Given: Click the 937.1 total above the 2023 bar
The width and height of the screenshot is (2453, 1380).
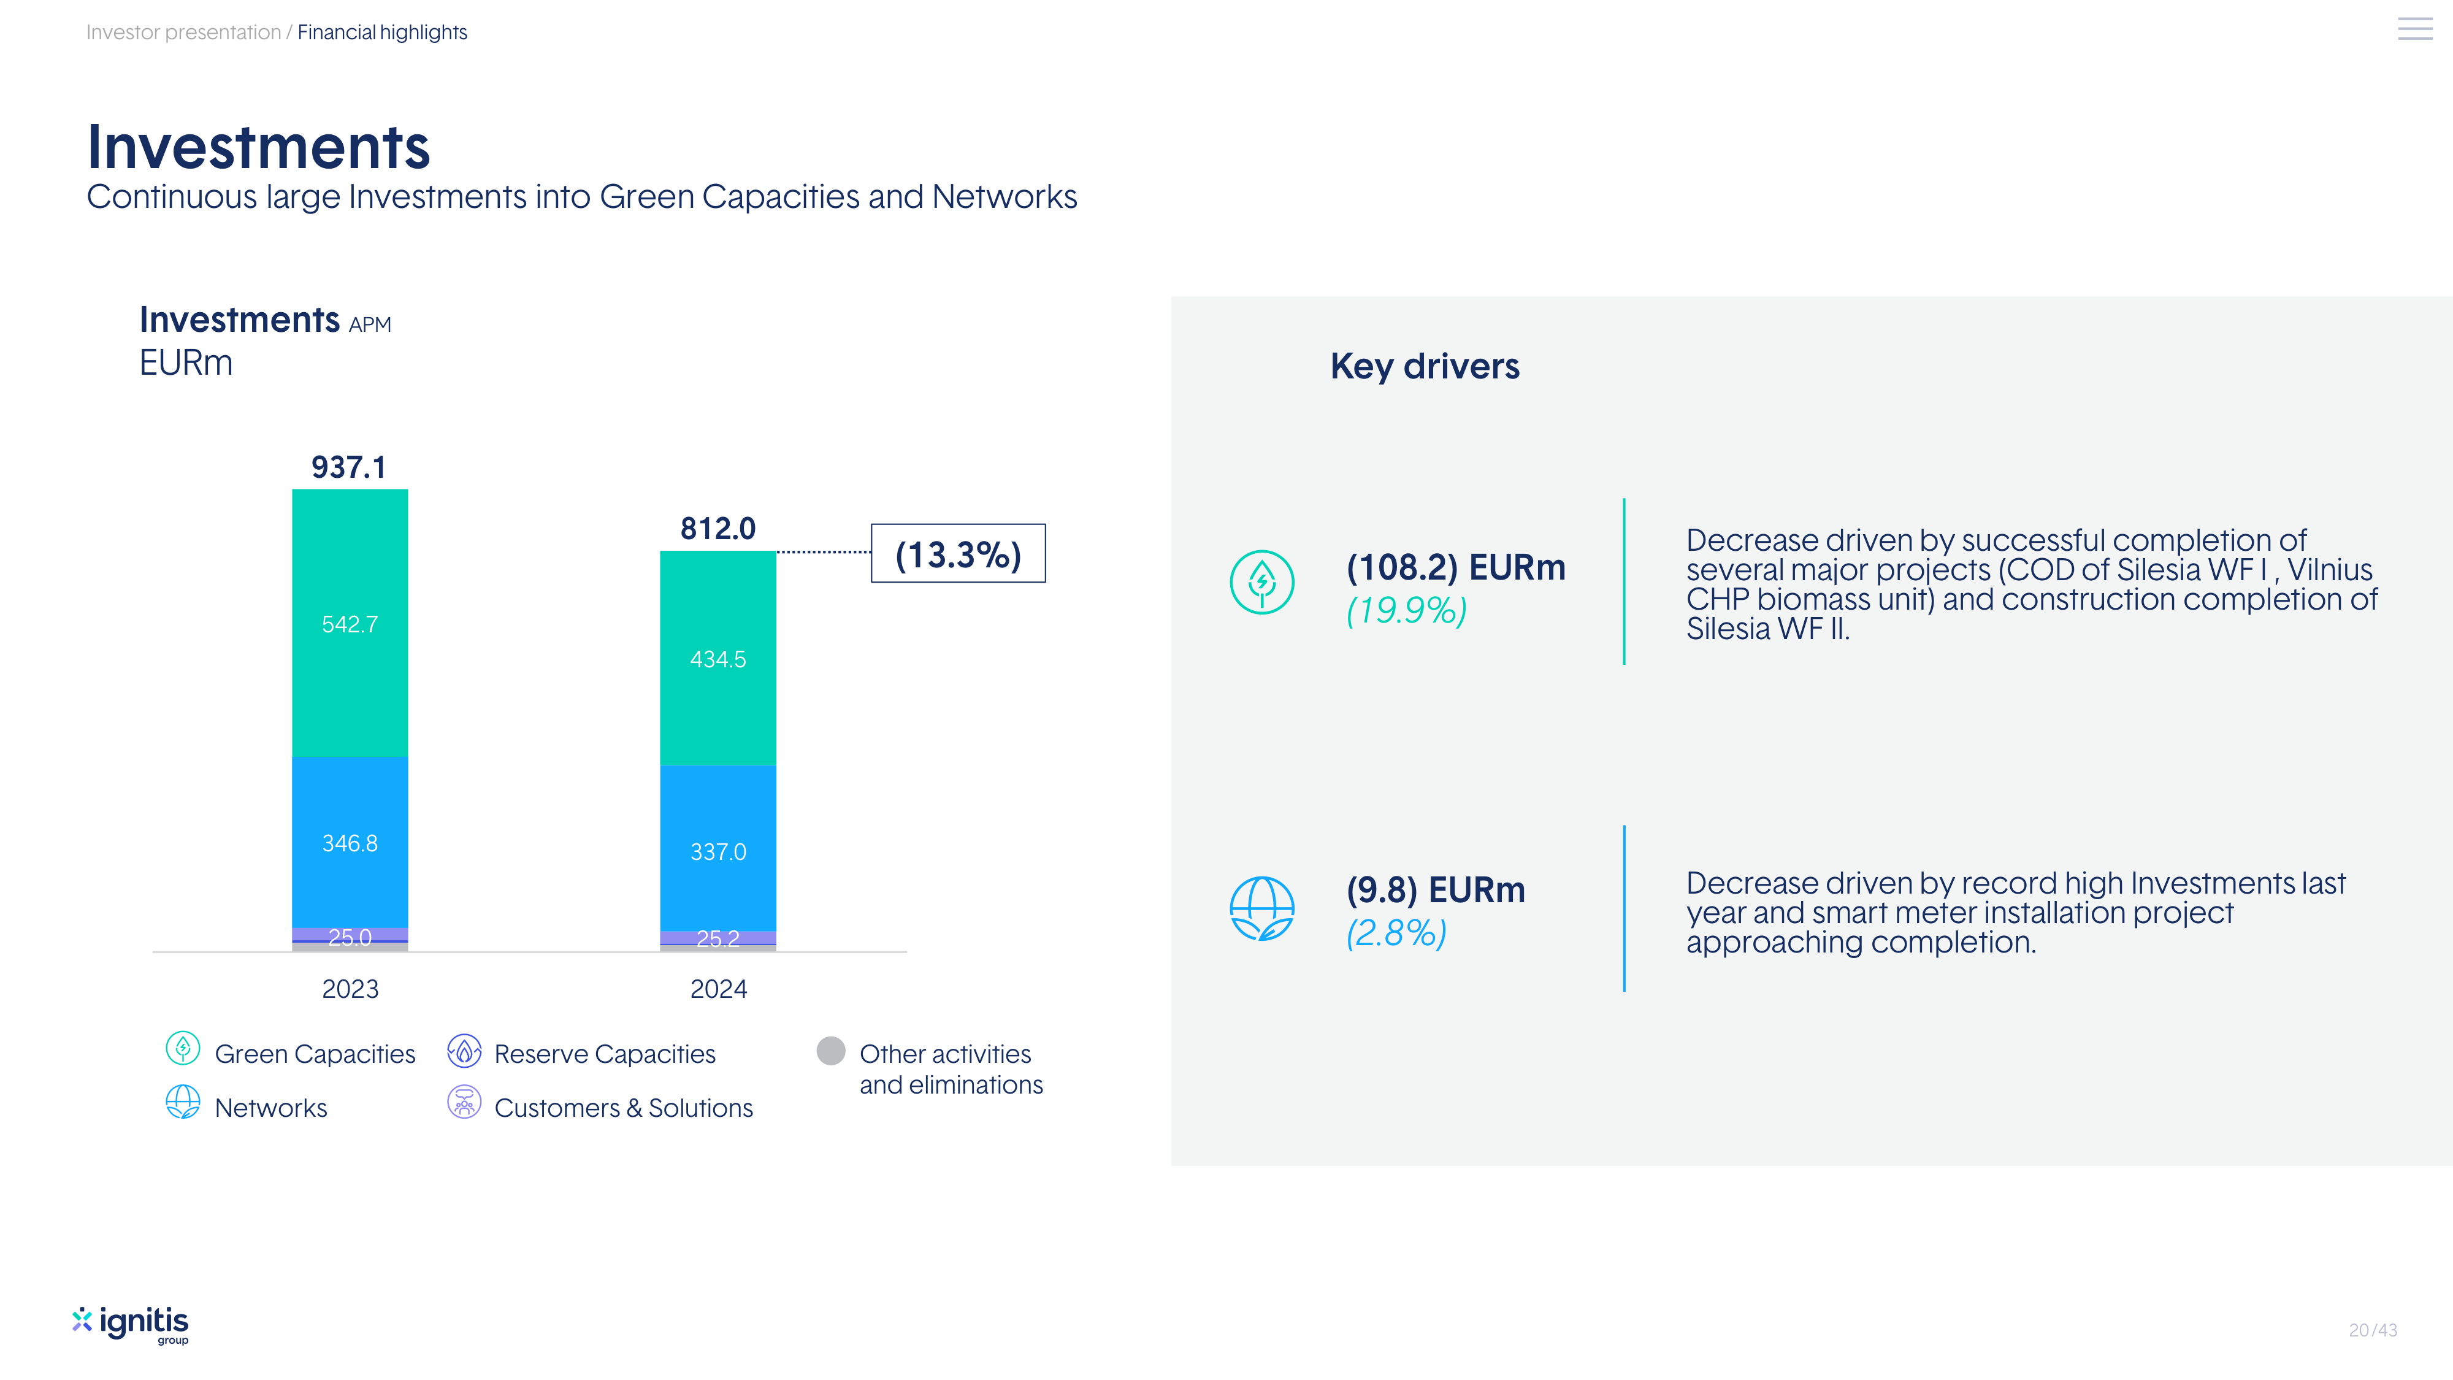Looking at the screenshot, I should (x=348, y=467).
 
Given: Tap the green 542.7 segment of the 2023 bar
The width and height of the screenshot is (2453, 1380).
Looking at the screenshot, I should (x=350, y=624).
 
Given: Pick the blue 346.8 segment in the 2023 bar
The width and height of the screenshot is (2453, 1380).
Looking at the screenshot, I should (x=350, y=843).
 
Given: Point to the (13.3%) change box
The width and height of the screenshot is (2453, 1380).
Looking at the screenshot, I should (x=958, y=553).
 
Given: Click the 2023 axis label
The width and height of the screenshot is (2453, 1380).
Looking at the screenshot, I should (x=350, y=989).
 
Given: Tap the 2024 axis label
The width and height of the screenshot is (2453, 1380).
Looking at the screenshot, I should (x=718, y=989).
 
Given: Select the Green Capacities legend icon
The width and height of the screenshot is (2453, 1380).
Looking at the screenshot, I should (x=183, y=1049).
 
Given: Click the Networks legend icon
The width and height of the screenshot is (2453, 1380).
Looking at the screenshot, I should (x=183, y=1102).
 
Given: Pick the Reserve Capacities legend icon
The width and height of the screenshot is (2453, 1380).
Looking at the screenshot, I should (x=464, y=1051).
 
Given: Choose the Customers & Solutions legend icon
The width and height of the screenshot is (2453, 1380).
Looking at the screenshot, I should (x=464, y=1103).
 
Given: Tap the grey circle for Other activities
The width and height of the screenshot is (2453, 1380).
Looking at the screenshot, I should (x=830, y=1051).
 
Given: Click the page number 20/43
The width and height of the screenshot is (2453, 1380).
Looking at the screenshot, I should (x=2372, y=1330).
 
